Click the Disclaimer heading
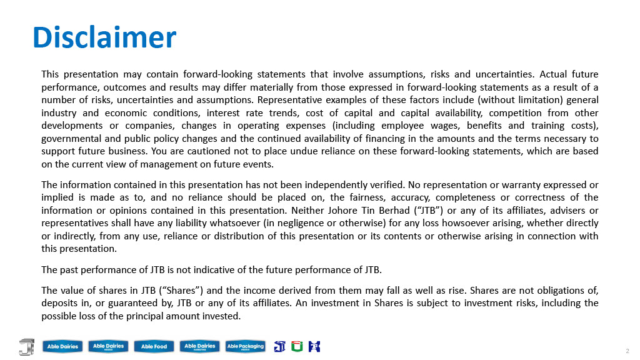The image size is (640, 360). click(x=104, y=37)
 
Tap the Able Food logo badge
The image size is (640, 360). click(x=154, y=346)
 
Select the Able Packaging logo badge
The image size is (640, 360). click(x=245, y=346)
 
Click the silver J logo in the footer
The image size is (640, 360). click(x=27, y=346)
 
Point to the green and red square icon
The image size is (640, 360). click(x=297, y=346)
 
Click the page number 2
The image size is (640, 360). click(x=627, y=351)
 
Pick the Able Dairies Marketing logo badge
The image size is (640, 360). click(x=199, y=346)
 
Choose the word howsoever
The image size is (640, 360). click(x=462, y=223)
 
